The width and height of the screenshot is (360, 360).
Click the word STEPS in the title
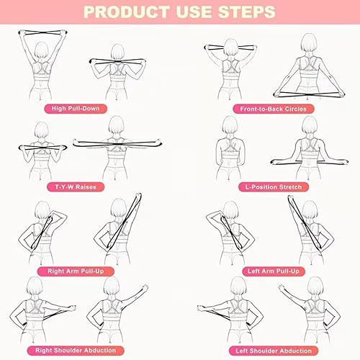pos(246,12)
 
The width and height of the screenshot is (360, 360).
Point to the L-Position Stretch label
pos(268,186)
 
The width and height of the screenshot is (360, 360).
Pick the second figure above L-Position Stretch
pos(310,151)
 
